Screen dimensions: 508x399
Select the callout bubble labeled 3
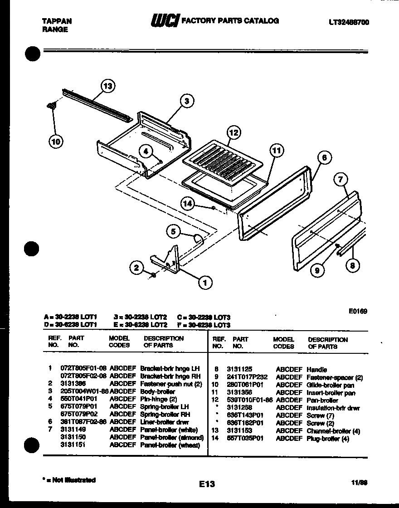186,102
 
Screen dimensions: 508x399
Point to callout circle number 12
234,133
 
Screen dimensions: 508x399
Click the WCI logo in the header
165,21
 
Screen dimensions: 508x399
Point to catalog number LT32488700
349,22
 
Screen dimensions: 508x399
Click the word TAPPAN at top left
57,21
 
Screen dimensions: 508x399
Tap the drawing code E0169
358,311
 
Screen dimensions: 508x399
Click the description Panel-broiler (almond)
172,438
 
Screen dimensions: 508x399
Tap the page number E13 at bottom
206,484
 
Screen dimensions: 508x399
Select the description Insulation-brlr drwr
333,408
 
